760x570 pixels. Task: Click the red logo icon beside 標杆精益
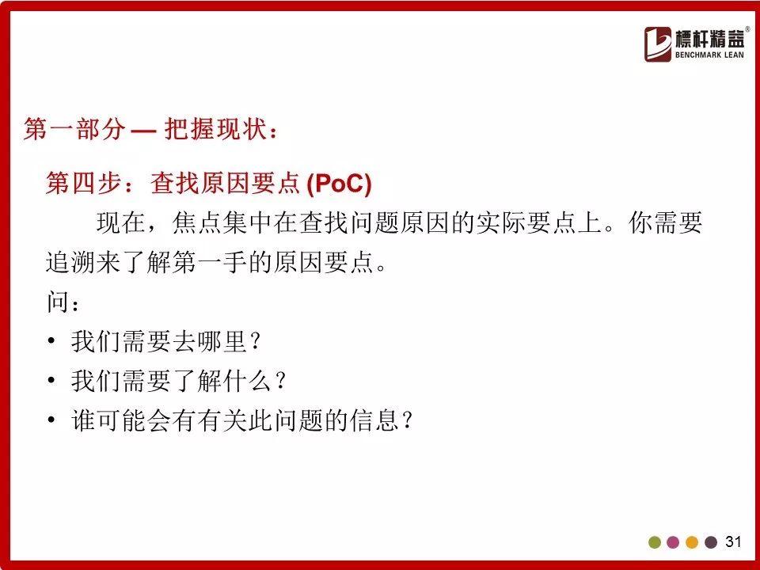[658, 44]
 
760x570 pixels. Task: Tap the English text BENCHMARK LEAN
[709, 55]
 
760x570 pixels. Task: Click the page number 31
[733, 541]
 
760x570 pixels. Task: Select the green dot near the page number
[655, 541]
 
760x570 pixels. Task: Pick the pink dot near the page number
[673, 541]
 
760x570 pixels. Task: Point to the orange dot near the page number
[692, 541]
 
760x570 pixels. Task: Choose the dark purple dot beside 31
[711, 541]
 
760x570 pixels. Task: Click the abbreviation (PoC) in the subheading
[339, 183]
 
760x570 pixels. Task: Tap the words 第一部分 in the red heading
[74, 129]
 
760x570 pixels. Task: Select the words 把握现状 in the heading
[215, 129]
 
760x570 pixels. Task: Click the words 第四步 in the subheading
[84, 183]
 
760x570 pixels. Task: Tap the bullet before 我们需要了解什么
[51, 380]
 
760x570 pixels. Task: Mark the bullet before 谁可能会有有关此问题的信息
[51, 420]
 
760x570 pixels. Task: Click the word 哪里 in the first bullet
[222, 340]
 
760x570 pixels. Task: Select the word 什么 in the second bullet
[247, 380]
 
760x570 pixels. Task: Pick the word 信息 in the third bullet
[374, 420]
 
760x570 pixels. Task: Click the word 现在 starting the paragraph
[121, 223]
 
